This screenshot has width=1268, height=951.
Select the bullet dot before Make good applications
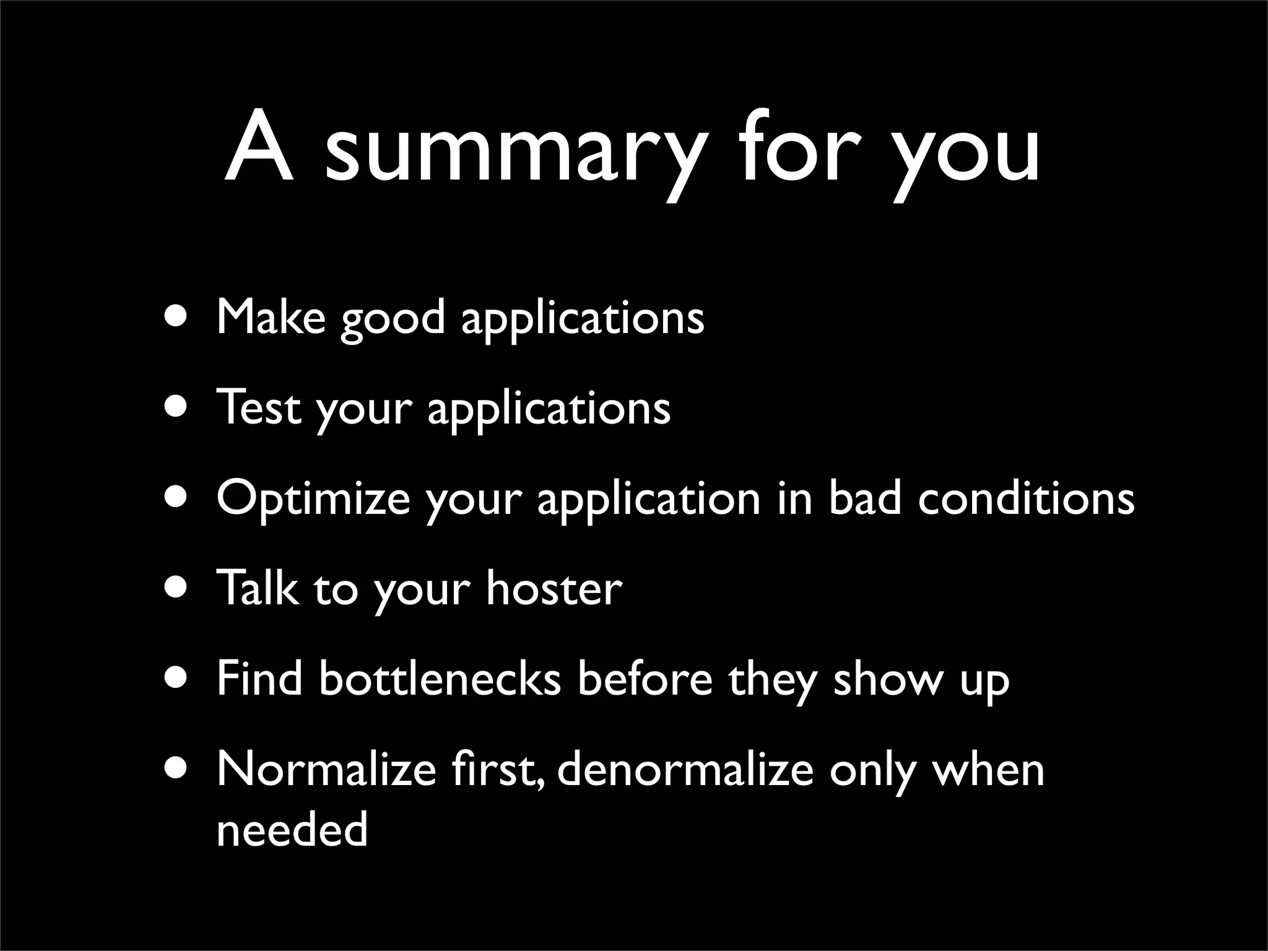pos(177,316)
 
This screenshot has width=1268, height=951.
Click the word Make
pos(271,316)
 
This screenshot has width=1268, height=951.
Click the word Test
pos(258,407)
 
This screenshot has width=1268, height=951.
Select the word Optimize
pos(313,499)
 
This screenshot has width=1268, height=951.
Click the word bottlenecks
pos(440,679)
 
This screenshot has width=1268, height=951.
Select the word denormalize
pos(685,769)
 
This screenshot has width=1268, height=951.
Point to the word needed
pos(292,830)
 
